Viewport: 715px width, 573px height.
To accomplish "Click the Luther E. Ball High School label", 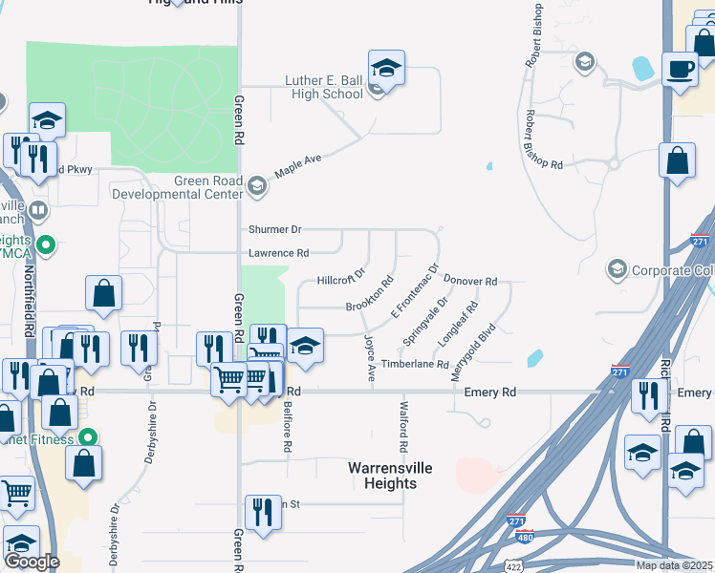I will [x=324, y=88].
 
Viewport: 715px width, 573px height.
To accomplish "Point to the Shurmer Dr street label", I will [x=274, y=230].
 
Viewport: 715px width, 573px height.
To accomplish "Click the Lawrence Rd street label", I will [x=278, y=253].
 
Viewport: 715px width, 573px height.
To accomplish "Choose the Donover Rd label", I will [x=471, y=282].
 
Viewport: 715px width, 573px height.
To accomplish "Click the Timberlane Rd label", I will [x=415, y=365].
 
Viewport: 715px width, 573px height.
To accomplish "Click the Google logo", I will [x=31, y=562].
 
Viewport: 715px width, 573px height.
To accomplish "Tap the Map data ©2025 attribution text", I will [x=674, y=565].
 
